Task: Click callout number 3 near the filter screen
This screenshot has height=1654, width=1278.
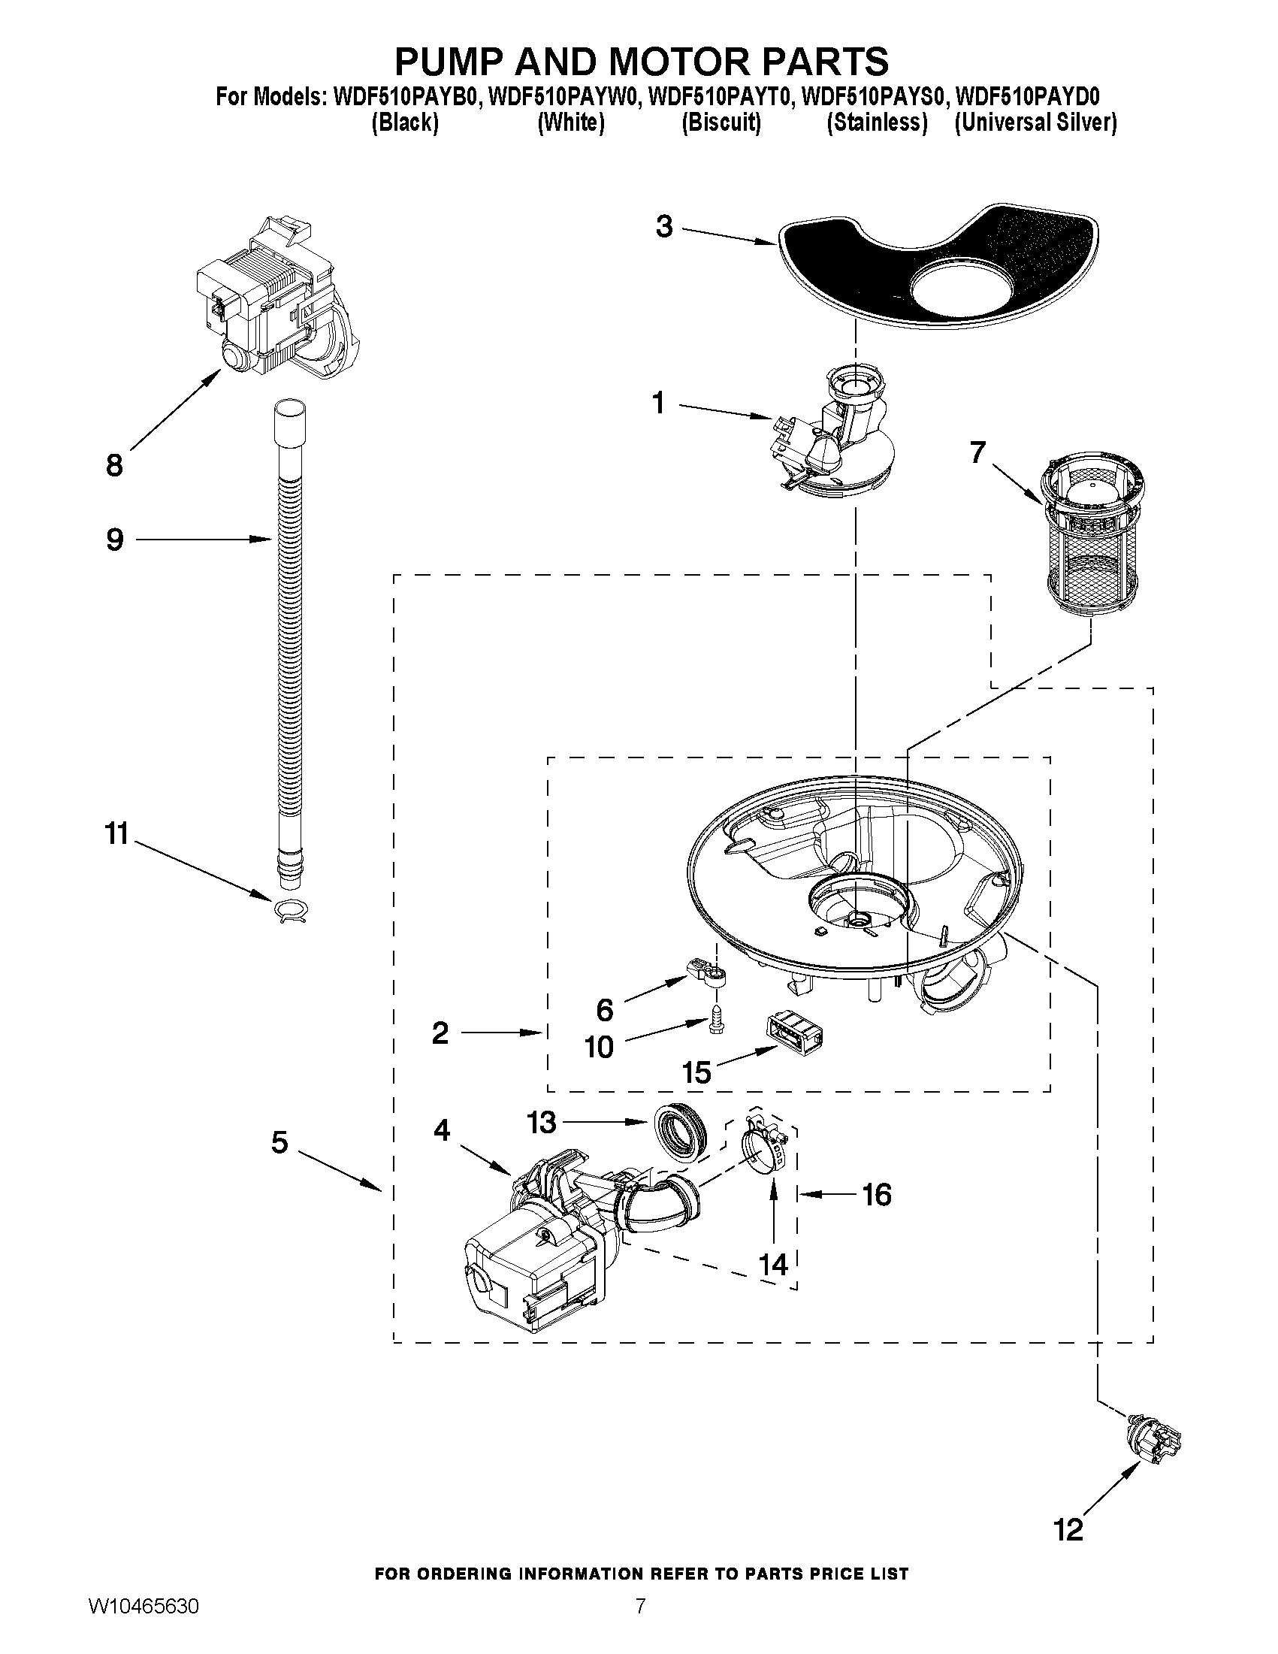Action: click(664, 226)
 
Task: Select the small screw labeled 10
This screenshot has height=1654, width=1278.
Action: click(715, 1018)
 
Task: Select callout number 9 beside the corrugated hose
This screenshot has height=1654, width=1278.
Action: click(115, 540)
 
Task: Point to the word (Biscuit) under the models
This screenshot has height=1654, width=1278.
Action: click(721, 122)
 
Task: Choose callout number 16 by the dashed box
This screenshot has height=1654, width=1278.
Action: click(877, 1195)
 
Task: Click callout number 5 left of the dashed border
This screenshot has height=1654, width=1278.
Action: click(279, 1142)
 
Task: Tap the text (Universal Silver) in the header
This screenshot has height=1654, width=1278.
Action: click(1035, 122)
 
